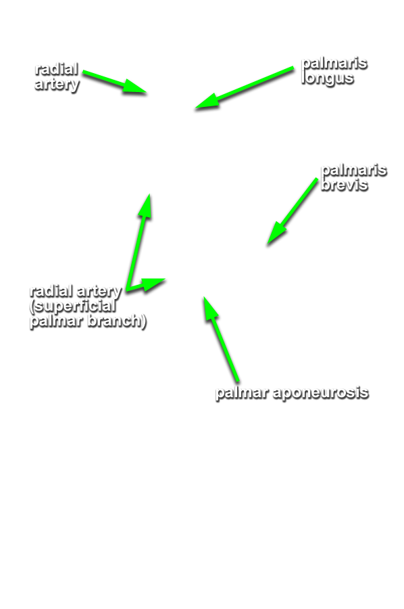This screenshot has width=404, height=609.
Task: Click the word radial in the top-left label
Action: (x=57, y=69)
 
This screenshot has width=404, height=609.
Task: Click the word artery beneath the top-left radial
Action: (x=57, y=85)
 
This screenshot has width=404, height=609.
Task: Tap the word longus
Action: (x=327, y=78)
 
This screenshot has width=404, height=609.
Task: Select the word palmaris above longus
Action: (x=334, y=63)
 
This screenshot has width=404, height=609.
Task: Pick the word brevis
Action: (x=345, y=184)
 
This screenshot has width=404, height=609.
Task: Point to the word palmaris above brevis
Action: (x=354, y=170)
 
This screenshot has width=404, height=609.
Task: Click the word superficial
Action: (x=73, y=307)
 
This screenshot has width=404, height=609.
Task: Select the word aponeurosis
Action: (x=321, y=392)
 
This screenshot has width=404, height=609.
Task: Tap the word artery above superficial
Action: (x=99, y=292)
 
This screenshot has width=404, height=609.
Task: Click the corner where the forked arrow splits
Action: (x=128, y=289)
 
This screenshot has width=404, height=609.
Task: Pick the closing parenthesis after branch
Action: (x=144, y=321)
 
